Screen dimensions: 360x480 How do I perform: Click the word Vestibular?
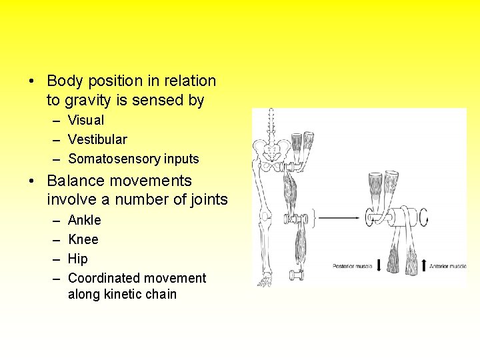pos(97,139)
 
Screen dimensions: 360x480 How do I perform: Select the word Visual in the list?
pos(86,120)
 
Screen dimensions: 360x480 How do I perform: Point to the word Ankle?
pos(85,220)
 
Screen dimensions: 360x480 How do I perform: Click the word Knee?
pos(83,239)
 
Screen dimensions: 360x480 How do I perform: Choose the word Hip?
pos(78,259)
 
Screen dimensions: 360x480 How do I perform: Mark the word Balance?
pos(73,181)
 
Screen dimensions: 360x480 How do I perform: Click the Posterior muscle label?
pos(353,266)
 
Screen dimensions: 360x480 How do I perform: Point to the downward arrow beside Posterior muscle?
pos(379,265)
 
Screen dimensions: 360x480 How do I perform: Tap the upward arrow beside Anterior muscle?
pos(423,265)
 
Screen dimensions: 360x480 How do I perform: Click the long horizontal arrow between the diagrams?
pos(339,217)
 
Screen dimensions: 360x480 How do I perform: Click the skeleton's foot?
pos(265,280)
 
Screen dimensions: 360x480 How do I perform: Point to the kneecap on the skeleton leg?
pos(265,216)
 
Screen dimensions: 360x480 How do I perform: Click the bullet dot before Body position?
pos(31,81)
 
